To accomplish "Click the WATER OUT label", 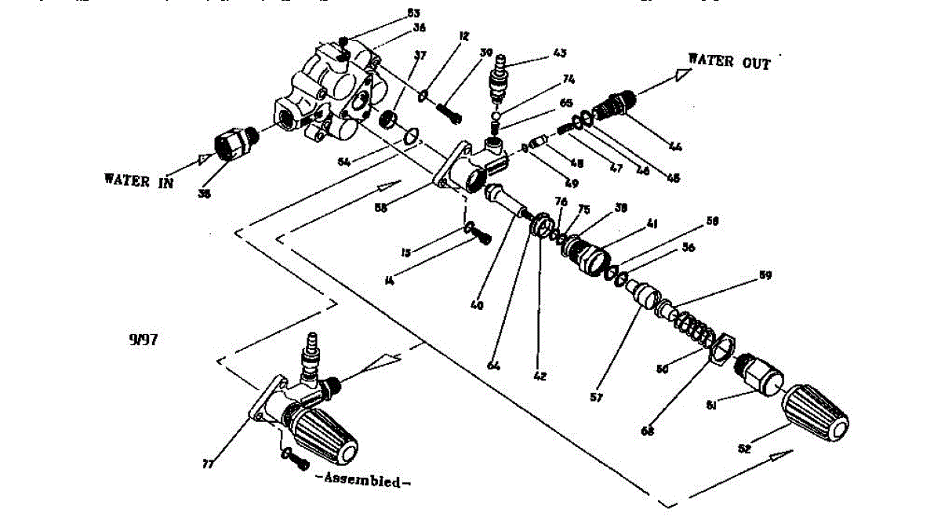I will tap(728, 62).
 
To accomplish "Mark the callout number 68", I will tap(648, 431).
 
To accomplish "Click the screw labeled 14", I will tap(483, 237).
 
